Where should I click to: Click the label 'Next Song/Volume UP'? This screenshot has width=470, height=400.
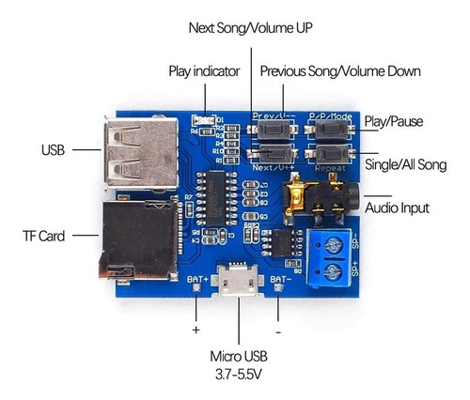point(250,29)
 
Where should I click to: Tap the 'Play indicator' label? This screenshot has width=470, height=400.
point(204,71)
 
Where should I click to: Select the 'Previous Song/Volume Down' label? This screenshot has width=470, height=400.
point(339,71)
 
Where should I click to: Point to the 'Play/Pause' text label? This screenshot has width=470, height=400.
point(394,120)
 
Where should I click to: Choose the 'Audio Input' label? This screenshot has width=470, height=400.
point(399,208)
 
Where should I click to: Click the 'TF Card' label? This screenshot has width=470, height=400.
point(45,236)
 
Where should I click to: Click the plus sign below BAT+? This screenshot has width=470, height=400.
point(196,331)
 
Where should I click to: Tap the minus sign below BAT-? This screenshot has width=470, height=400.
point(279,331)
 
